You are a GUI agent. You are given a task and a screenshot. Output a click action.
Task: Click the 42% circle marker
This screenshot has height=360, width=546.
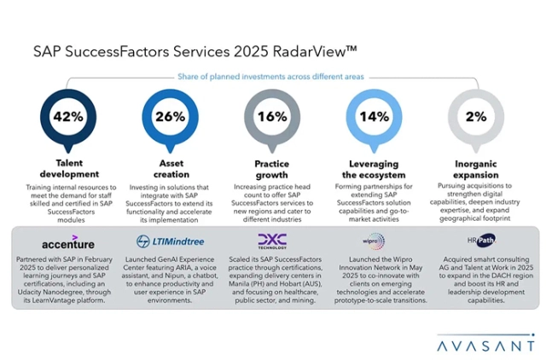click(67, 116)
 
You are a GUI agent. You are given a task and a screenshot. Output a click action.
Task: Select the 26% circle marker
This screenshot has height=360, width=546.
click(169, 116)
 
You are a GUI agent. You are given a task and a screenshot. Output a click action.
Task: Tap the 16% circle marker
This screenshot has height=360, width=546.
click(271, 116)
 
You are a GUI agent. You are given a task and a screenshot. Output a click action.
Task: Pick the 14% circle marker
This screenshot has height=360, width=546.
click(374, 116)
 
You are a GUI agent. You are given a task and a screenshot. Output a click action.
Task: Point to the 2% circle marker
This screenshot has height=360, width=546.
click(475, 116)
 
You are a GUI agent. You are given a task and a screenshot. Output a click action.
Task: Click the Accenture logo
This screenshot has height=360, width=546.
click(67, 241)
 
